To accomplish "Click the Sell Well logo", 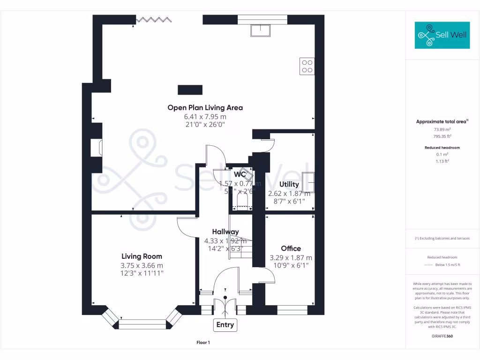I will coord(442,35).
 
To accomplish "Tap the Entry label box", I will coord(225,324).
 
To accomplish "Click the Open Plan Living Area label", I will coord(205,107).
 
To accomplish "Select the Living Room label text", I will coord(142,256).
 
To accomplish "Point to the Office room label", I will coord(291,248).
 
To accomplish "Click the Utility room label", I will coord(289,184).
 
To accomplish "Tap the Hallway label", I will coord(225,232).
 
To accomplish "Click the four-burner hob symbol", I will coord(307,66).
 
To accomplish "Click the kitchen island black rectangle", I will coord(190,89).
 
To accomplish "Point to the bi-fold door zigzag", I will coord(153,19).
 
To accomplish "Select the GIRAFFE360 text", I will coord(442,336).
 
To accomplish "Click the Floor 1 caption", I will coord(203,343).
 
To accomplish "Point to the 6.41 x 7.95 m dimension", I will coord(205,116).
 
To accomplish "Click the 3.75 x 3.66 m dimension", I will coord(142,265).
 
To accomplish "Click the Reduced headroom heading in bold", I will coord(442,148).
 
